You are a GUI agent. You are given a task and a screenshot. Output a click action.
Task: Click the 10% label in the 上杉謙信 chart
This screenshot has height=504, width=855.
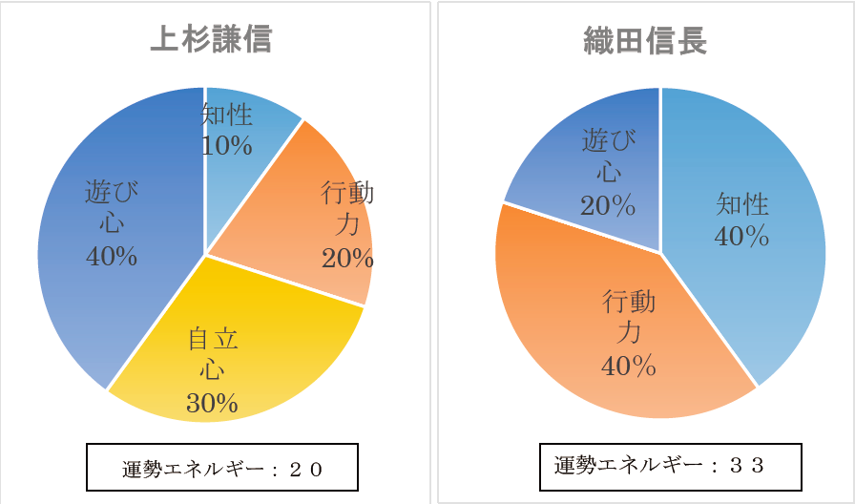coord(227,146)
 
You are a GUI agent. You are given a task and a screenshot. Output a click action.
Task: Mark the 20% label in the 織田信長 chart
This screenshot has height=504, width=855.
coord(608,205)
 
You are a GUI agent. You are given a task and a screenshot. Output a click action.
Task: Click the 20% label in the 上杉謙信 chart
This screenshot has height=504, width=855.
coord(347,258)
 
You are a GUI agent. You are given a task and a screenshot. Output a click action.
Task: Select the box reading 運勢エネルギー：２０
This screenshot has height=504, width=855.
coord(221,467)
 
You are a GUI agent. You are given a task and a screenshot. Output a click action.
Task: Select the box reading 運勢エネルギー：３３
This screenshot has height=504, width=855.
coord(670,466)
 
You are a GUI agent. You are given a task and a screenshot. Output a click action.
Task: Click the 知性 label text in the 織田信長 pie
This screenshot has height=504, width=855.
coord(742,204)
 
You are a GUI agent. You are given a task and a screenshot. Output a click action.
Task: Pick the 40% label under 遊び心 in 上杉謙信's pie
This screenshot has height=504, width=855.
coord(112,256)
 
